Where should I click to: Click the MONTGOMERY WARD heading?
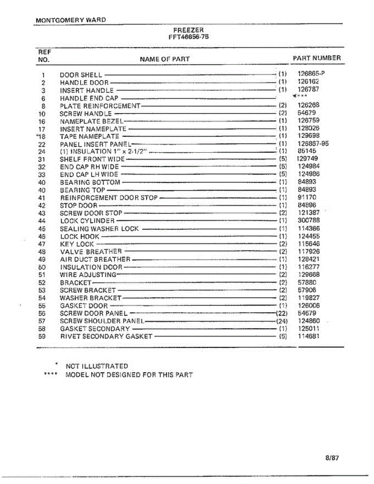point(71,20)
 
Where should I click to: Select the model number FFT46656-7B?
point(188,36)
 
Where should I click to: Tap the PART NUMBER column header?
point(316,58)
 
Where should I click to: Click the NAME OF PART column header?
point(165,59)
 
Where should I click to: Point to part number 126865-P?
point(311,74)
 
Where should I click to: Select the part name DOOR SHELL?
point(81,75)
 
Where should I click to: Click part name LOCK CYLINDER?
point(87,221)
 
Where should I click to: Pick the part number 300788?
point(309,221)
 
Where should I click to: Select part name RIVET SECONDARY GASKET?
point(106,336)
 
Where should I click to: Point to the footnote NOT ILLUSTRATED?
point(96,366)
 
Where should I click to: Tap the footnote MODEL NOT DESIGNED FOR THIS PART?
point(129,375)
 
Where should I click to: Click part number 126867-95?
point(313,144)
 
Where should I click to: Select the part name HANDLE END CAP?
point(89,98)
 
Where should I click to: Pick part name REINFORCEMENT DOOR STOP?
point(109,198)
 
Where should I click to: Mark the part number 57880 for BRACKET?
point(307,282)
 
